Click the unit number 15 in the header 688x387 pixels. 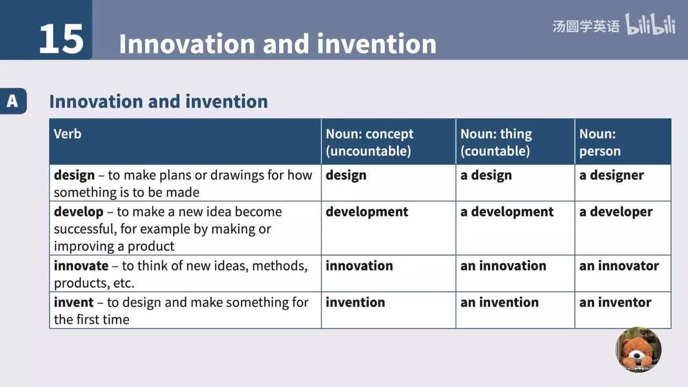61,39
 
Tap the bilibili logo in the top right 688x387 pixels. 650,25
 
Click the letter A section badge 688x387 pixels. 12,101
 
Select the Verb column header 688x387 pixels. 68,134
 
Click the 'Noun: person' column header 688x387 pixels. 600,142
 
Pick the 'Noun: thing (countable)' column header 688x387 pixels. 496,142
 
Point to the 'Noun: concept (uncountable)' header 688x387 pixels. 369,142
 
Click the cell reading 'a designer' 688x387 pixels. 611,175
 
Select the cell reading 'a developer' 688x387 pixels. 615,212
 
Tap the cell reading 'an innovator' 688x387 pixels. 619,266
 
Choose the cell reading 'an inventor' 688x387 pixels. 615,302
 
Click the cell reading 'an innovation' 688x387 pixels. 503,266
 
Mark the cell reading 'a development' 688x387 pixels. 506,212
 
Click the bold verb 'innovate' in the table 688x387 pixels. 81,266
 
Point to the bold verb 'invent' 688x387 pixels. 74,302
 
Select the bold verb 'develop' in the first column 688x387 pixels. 78,212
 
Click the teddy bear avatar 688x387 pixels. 638,349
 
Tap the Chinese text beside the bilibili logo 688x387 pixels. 586,26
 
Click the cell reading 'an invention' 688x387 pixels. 499,302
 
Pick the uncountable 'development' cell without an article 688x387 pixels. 367,212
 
